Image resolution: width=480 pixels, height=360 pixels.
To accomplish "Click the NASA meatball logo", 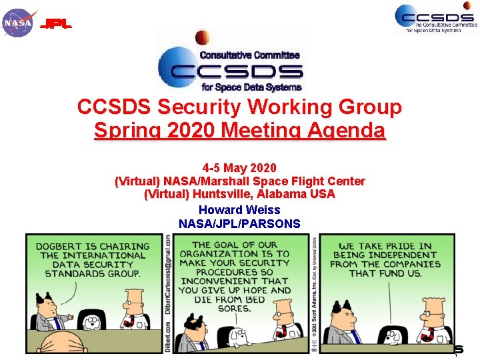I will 18,23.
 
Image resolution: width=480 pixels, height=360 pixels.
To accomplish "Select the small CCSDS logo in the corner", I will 434,18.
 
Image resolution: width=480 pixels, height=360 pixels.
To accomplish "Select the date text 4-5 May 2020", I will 239,167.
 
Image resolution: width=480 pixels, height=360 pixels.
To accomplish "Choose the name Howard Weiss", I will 239,210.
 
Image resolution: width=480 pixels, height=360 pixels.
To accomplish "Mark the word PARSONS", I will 275,224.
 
